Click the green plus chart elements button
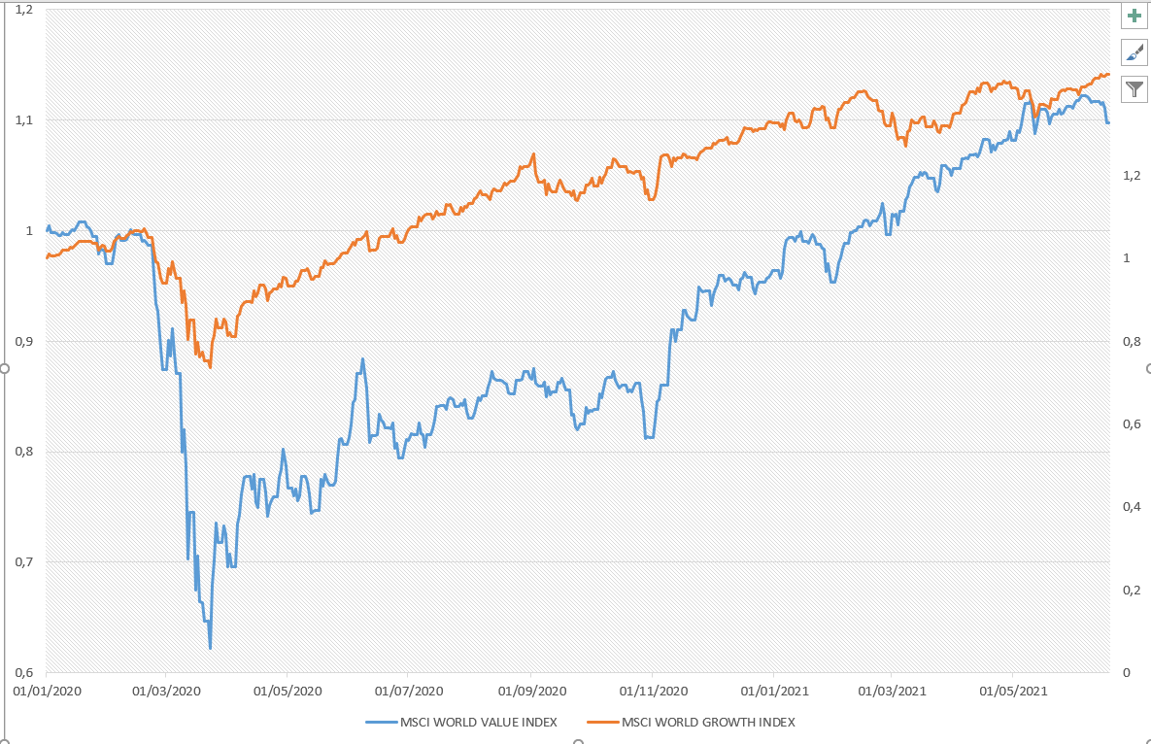(1134, 16)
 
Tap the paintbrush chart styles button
(1134, 52)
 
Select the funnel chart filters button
(1134, 89)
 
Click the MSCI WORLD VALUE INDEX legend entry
(461, 722)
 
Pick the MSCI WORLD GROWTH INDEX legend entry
(692, 722)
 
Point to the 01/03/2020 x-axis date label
(165, 692)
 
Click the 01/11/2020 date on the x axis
(652, 692)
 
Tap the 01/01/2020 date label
(46, 692)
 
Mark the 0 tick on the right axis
(1126, 672)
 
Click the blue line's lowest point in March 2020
(210, 648)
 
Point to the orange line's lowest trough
(210, 367)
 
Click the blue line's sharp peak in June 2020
(363, 359)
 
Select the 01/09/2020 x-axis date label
(530, 692)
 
